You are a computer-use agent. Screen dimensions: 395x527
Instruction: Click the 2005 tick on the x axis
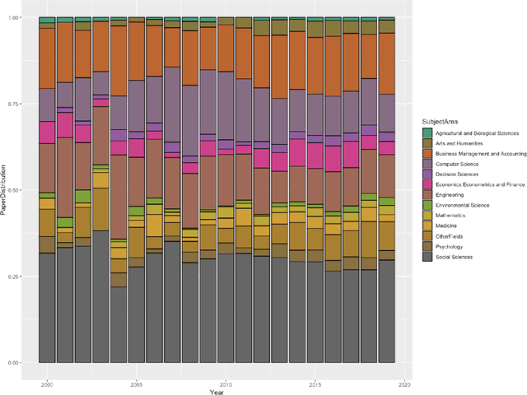click(x=136, y=383)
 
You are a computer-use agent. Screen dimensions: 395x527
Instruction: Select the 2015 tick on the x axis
click(x=315, y=383)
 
